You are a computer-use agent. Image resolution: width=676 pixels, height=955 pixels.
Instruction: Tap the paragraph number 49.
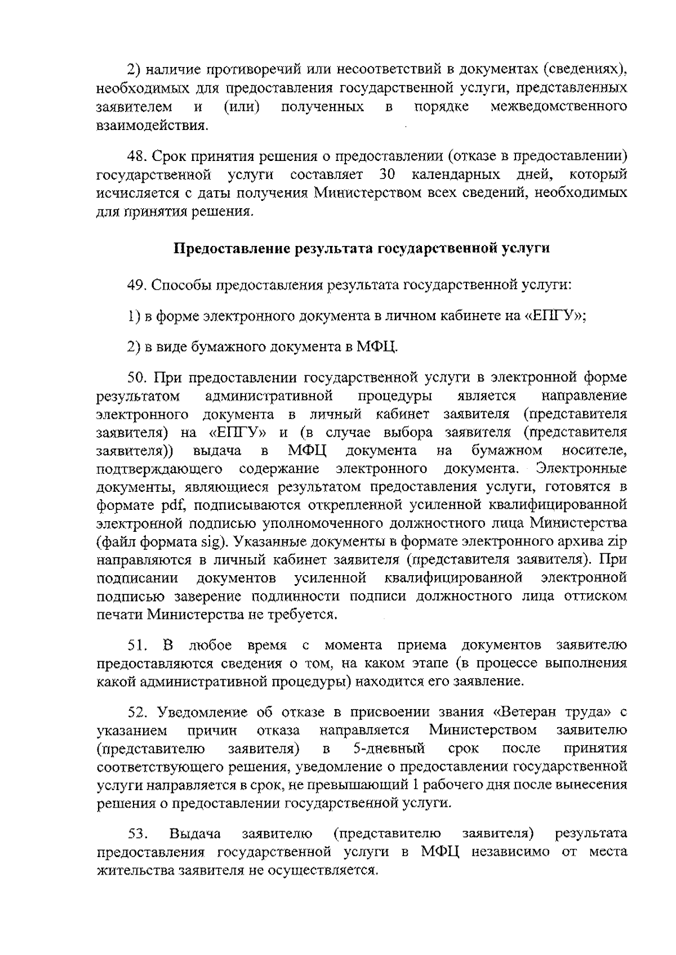tap(137, 285)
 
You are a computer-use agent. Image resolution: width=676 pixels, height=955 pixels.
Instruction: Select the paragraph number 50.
tap(137, 377)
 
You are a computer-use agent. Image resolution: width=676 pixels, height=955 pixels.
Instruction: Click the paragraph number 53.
tap(137, 834)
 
